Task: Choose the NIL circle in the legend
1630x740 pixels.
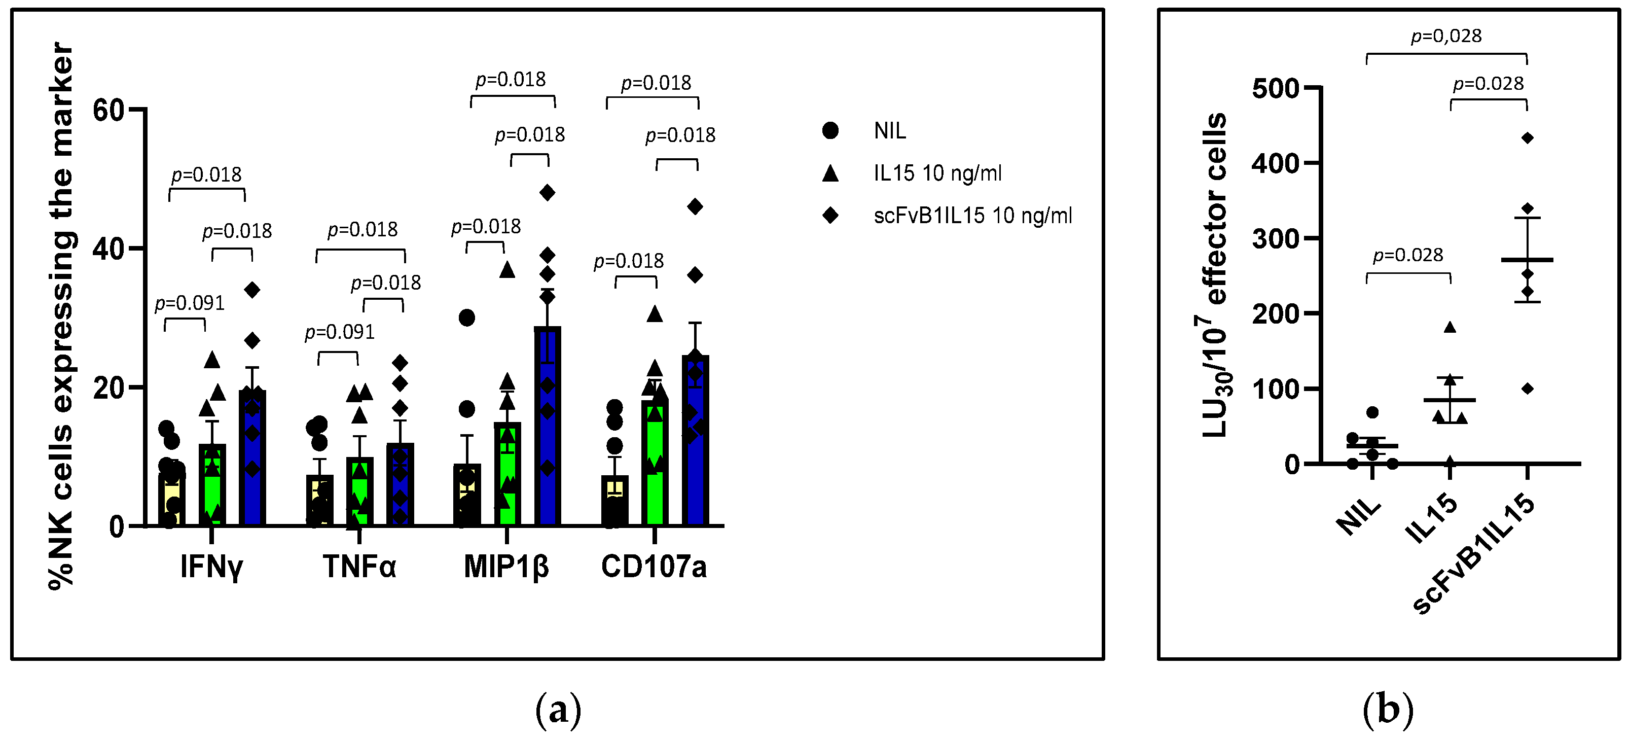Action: (x=830, y=130)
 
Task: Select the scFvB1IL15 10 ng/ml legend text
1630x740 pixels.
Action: (x=972, y=215)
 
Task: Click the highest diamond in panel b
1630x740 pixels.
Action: (x=1527, y=138)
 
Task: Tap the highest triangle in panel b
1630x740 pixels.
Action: (x=1450, y=327)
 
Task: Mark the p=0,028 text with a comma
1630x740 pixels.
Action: (x=1446, y=36)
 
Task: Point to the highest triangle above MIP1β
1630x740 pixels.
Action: (x=507, y=270)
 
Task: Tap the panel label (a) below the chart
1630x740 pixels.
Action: (x=558, y=710)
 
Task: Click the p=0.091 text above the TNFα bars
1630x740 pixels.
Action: (x=340, y=332)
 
